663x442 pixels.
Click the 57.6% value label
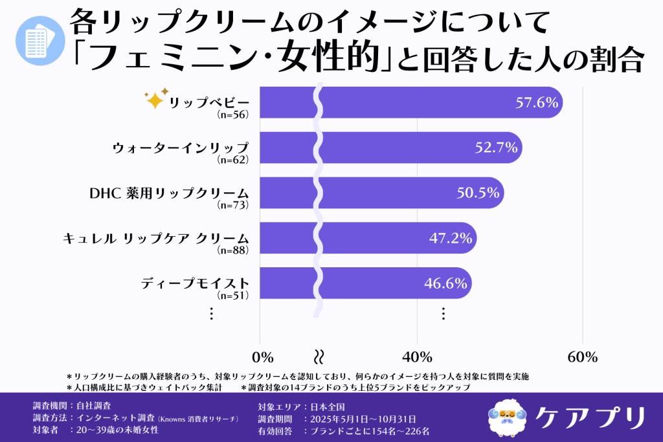pyautogui.click(x=537, y=102)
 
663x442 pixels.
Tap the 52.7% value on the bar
pyautogui.click(x=497, y=148)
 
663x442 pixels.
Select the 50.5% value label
pyautogui.click(x=478, y=193)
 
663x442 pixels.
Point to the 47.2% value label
pyautogui.click(x=451, y=238)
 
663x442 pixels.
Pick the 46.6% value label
pyautogui.click(x=445, y=283)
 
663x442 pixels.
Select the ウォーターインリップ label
pyautogui.click(x=180, y=148)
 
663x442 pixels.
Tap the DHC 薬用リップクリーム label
pyautogui.click(x=168, y=193)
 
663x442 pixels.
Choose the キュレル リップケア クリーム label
pyautogui.click(x=155, y=238)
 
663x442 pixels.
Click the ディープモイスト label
pyautogui.click(x=195, y=283)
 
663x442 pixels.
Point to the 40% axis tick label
pyautogui.click(x=418, y=357)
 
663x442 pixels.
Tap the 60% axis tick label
pyautogui.click(x=583, y=357)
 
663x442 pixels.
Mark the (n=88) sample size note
pyautogui.click(x=232, y=250)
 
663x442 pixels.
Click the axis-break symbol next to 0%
pyautogui.click(x=319, y=357)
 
